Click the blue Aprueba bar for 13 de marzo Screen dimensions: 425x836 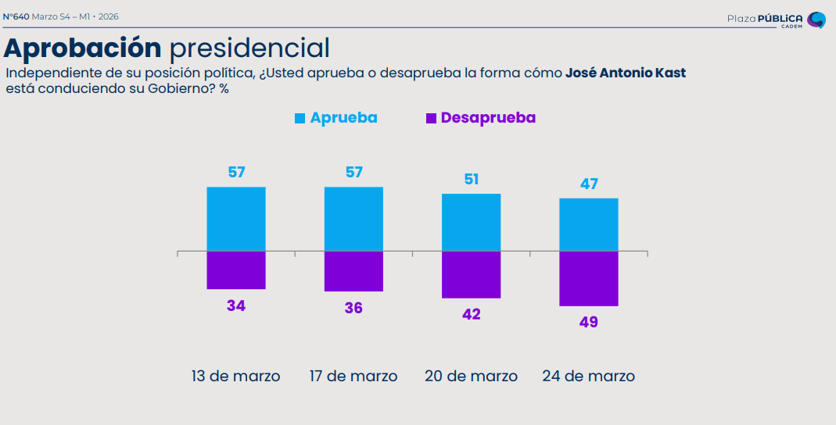point(236,220)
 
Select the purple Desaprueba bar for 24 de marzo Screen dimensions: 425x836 point(589,278)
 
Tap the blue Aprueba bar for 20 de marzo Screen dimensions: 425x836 point(472,223)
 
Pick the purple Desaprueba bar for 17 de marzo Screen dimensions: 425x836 point(353,271)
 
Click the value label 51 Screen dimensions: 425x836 point(472,179)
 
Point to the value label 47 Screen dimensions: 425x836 point(589,184)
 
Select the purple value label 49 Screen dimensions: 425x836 point(589,321)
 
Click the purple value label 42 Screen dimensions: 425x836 point(472,314)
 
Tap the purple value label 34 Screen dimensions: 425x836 point(236,305)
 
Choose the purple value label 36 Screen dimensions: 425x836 point(353,308)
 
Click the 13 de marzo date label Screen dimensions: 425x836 point(235,376)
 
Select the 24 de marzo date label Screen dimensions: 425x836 point(588,376)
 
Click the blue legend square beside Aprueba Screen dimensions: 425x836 point(300,118)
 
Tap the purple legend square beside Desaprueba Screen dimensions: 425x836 point(430,118)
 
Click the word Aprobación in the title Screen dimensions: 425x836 point(82,48)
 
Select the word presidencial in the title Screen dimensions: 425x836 point(249,48)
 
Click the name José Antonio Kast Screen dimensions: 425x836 point(626,73)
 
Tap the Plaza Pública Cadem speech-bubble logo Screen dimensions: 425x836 point(816,20)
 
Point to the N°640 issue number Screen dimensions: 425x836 point(16,16)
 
